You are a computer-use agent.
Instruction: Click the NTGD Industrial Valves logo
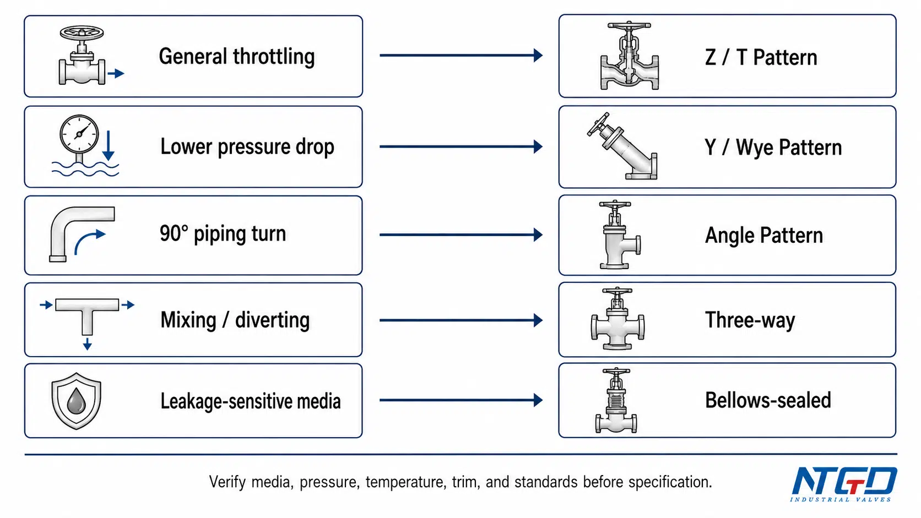(843, 484)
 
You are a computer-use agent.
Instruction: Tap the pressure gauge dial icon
(79, 134)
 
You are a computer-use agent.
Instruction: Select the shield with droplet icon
(76, 401)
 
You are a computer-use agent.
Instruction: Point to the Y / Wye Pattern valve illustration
(622, 146)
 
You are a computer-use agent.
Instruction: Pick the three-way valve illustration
(617, 319)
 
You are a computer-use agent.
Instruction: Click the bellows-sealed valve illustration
(616, 401)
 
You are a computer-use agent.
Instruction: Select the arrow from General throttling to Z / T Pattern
(461, 55)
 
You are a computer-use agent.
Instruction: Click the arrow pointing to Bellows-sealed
(461, 400)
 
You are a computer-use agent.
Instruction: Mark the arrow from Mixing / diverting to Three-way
(461, 320)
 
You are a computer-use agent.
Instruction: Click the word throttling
(274, 57)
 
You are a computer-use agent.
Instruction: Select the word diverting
(272, 320)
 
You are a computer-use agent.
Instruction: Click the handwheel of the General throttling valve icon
(82, 33)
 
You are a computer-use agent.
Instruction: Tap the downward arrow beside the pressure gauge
(109, 145)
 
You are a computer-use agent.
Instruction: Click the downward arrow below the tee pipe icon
(87, 343)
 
